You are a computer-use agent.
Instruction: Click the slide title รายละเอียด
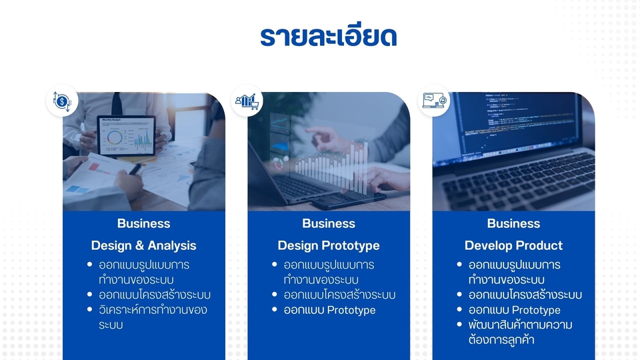(x=329, y=36)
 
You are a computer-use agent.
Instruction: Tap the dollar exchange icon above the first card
(x=62, y=102)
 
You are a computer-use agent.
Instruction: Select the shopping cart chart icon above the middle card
(x=247, y=101)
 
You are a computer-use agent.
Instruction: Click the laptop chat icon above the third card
(x=434, y=101)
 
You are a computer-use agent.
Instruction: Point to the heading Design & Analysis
(x=143, y=245)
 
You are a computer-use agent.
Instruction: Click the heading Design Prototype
(x=329, y=245)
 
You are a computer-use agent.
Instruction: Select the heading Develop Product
(x=513, y=245)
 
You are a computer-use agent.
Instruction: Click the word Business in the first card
(x=143, y=223)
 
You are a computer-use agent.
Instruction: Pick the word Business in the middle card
(x=329, y=223)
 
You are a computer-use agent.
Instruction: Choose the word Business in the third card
(x=513, y=223)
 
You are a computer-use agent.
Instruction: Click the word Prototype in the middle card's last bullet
(x=351, y=310)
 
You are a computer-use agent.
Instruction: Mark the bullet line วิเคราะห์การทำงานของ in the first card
(x=153, y=310)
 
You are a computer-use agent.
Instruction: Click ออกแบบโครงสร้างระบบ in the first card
(x=155, y=295)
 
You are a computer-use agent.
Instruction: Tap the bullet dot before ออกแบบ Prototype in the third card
(x=459, y=309)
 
